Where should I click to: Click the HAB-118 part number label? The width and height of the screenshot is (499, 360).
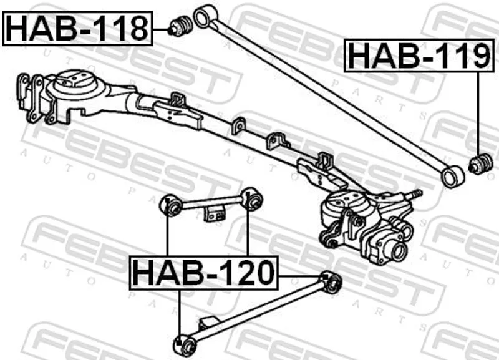click(77, 28)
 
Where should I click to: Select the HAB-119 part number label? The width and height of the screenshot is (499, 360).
click(419, 56)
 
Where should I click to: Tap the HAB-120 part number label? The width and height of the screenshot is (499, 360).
click(204, 273)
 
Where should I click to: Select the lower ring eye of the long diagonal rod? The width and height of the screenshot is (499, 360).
click(452, 177)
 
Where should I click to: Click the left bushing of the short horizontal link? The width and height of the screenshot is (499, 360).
click(171, 206)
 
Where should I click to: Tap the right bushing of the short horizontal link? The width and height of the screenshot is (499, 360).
click(252, 199)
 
